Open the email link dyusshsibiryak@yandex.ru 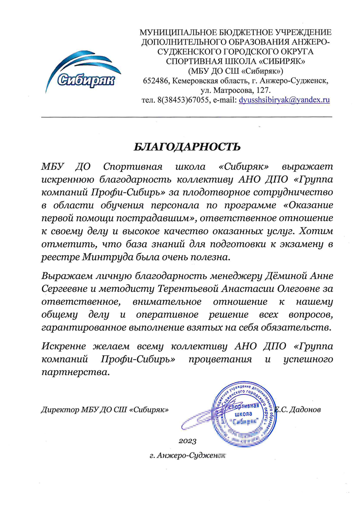[x=284, y=100]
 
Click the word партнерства [x=75, y=373]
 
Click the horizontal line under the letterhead [x=186, y=117]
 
